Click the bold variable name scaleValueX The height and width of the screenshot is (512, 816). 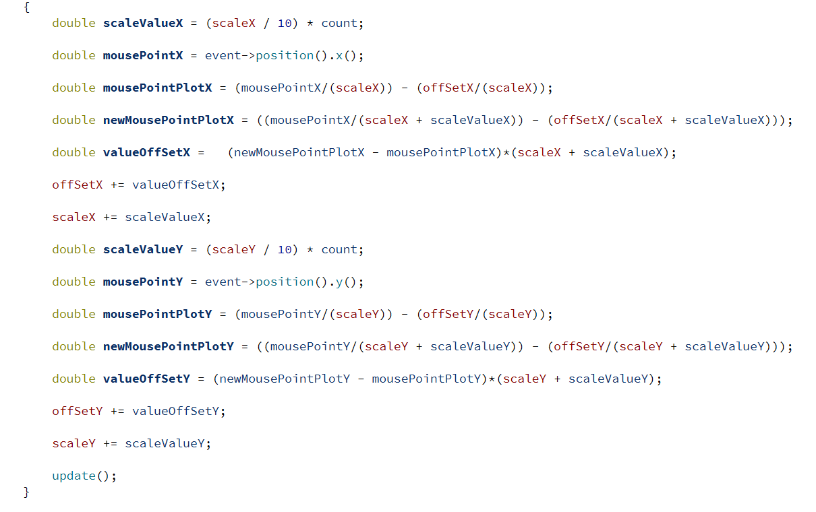coord(143,24)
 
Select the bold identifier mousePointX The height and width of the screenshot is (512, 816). coord(143,56)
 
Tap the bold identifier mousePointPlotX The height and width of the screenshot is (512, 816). coord(157,88)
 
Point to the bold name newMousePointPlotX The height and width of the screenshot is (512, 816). coord(169,121)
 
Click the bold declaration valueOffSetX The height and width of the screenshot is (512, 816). coord(146,152)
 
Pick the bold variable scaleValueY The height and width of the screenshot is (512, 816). coord(143,250)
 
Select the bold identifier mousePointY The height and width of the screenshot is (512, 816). coord(143,282)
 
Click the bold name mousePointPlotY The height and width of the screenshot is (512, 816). coord(157,315)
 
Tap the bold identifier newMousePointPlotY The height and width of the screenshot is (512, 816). coord(169,347)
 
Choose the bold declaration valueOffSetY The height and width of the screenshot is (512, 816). coord(146,379)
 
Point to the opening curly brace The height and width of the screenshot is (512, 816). coord(26,7)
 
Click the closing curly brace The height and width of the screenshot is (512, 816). coord(26,492)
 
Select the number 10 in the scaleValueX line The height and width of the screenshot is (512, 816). coord(285,24)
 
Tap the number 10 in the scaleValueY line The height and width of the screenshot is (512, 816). coord(285,250)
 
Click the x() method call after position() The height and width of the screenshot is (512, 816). coord(346,56)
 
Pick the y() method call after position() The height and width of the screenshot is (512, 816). coord(346,282)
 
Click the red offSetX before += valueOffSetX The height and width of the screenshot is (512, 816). coord(78,185)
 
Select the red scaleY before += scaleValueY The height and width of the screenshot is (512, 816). coord(74,443)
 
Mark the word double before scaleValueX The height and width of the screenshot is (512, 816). coord(74,24)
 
